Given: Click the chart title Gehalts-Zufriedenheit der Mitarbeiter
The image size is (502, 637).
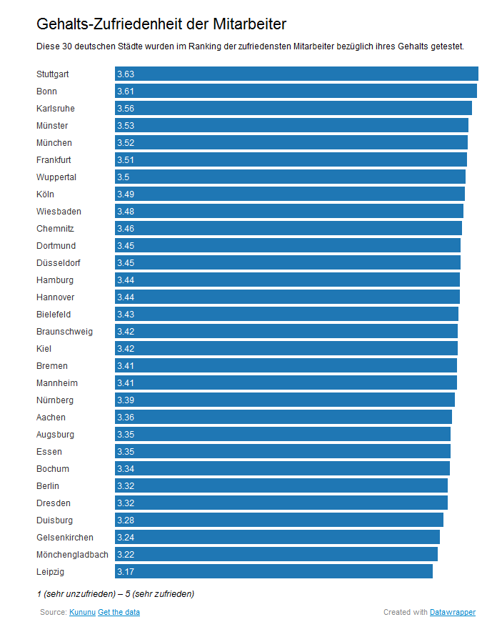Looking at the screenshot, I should (x=161, y=24).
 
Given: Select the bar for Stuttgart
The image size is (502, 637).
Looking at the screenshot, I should (x=296, y=74).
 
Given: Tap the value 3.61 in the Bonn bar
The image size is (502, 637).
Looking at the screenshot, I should (x=126, y=92).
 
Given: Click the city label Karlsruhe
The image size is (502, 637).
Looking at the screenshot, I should (x=56, y=109).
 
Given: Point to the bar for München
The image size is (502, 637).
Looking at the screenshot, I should (x=291, y=142).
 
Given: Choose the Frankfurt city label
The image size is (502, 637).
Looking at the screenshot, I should (x=54, y=160).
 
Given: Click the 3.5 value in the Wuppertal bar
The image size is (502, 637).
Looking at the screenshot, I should (x=124, y=177).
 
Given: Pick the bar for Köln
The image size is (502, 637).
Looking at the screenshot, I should (x=290, y=194).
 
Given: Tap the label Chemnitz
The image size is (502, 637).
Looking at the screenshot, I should (x=55, y=229).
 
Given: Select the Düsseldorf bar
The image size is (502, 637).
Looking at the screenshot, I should (x=288, y=262).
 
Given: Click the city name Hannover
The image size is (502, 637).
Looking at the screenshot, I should (x=55, y=297).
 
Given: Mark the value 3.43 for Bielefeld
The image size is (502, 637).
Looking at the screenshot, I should (x=126, y=315).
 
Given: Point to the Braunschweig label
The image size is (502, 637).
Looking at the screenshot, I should (x=64, y=332).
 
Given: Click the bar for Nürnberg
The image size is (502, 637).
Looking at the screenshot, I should (x=285, y=400).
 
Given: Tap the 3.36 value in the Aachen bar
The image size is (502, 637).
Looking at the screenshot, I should (x=126, y=418).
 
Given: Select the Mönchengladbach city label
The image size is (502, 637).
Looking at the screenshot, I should (x=72, y=555).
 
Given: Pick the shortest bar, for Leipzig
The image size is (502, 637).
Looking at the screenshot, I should (x=273, y=571).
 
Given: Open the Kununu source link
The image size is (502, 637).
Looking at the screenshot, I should (x=81, y=613).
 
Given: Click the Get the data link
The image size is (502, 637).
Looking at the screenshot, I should (x=119, y=613).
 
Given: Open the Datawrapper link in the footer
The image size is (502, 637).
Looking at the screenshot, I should (x=452, y=613).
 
